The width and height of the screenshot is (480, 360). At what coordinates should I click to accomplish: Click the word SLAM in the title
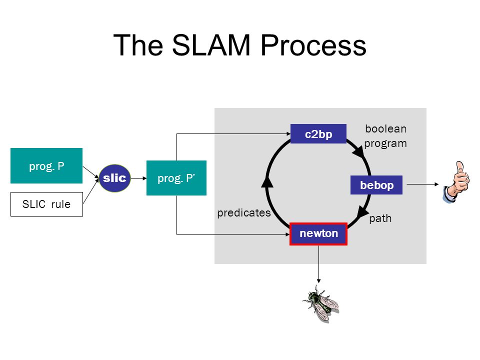[211, 45]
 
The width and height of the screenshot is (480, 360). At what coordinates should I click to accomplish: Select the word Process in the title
[313, 45]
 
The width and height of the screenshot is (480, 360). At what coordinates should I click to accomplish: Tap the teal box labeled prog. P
[46, 165]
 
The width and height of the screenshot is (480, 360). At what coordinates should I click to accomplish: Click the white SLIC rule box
[46, 204]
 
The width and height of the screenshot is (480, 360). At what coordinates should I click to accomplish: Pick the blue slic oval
[115, 178]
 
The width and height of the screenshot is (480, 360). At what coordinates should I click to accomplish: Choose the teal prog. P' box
[176, 178]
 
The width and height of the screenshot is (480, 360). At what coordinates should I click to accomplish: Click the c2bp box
[318, 134]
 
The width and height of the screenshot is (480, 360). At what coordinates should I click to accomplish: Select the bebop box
[376, 185]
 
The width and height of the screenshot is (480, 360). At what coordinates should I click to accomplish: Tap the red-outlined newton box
[318, 234]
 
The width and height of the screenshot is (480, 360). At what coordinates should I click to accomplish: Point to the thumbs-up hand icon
[456, 182]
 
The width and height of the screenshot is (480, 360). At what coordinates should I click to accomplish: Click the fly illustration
[321, 303]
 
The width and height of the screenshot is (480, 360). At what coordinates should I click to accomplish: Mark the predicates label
[244, 213]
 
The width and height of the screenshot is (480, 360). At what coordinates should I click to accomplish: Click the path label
[380, 218]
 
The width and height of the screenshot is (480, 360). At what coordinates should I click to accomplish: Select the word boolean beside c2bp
[386, 129]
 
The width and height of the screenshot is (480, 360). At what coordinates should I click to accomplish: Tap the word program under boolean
[385, 143]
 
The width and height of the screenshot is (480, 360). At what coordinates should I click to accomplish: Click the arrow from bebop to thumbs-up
[423, 184]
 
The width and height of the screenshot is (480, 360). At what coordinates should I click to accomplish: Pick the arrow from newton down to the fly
[318, 264]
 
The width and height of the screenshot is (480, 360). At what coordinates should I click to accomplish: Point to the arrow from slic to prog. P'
[138, 178]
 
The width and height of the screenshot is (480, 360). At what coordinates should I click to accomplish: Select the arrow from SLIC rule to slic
[91, 191]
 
